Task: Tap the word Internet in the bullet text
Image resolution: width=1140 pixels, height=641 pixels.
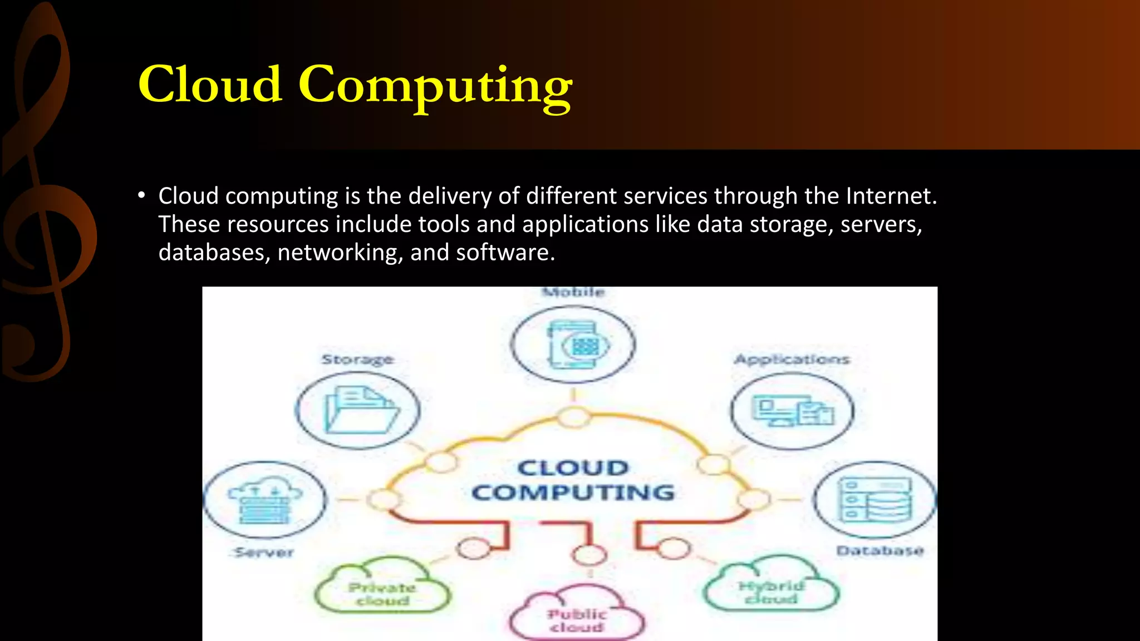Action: pyautogui.click(x=891, y=196)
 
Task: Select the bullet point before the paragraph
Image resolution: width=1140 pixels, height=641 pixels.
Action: pyautogui.click(x=142, y=196)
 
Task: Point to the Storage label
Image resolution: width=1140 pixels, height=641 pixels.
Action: pyautogui.click(x=357, y=359)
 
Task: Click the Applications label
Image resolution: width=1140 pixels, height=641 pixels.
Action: pyautogui.click(x=792, y=359)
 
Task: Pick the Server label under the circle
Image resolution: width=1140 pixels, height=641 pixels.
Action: pyautogui.click(x=264, y=553)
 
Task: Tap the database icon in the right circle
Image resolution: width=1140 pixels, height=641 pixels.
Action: pyautogui.click(x=875, y=500)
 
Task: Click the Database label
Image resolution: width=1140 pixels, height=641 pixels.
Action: pyautogui.click(x=879, y=551)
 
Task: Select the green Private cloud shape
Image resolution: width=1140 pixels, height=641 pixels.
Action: pyautogui.click(x=382, y=591)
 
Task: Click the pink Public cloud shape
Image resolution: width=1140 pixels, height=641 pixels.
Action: pyautogui.click(x=577, y=618)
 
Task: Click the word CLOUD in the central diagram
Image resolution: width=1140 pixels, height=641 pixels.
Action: pyautogui.click(x=573, y=468)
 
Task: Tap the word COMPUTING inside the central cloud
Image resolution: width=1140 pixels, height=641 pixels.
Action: pyautogui.click(x=573, y=492)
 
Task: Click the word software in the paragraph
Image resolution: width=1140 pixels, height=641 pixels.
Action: pyautogui.click(x=504, y=253)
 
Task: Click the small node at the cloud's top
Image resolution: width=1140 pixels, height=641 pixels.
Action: pyautogui.click(x=574, y=417)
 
